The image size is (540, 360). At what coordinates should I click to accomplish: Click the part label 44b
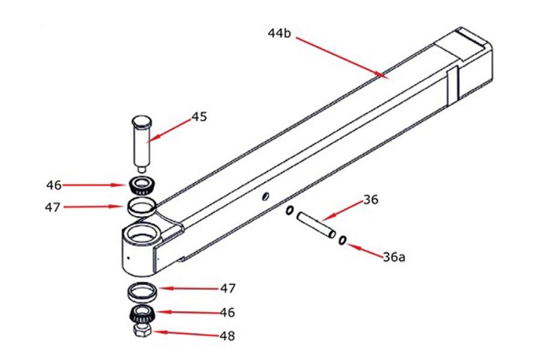(279, 34)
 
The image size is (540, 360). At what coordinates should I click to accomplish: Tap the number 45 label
(199, 116)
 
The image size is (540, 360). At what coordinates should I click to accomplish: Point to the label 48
(227, 336)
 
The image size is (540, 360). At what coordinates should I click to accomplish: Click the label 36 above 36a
(371, 200)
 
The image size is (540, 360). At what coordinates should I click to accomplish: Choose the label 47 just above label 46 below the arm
(227, 289)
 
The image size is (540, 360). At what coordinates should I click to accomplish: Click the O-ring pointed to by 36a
(342, 241)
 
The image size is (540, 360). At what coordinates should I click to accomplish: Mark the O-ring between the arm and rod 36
(289, 211)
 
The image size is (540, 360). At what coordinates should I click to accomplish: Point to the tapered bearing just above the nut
(142, 313)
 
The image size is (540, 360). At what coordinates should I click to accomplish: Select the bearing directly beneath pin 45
(142, 185)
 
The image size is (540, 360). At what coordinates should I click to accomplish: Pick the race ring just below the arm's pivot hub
(142, 292)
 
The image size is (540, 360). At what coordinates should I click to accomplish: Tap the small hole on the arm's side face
(264, 196)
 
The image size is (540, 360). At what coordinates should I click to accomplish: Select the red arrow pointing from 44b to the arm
(340, 58)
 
